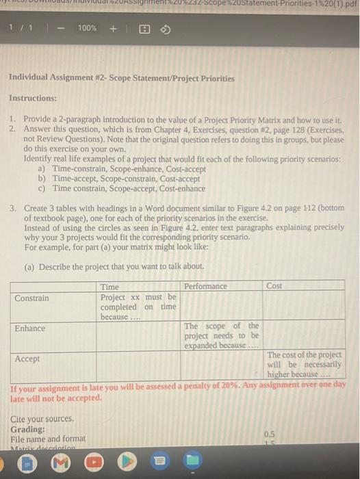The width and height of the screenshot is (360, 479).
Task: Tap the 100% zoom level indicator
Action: [x=87, y=28]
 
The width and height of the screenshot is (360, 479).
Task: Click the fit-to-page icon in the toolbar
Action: [x=144, y=29]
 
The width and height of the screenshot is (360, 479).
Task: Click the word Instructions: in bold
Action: [x=33, y=99]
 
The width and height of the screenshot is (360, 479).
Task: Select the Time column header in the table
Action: [x=110, y=287]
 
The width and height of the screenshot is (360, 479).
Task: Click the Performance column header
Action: [x=205, y=286]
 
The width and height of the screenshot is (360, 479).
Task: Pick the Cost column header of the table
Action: [x=274, y=286]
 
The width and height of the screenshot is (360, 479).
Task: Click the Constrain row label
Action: [x=31, y=298]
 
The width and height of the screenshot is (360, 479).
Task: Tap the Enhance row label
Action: [x=29, y=328]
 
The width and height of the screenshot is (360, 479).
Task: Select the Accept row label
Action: [x=27, y=359]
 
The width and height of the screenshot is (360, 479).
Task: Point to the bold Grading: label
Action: [x=28, y=428]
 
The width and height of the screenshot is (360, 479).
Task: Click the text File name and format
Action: [x=48, y=439]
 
